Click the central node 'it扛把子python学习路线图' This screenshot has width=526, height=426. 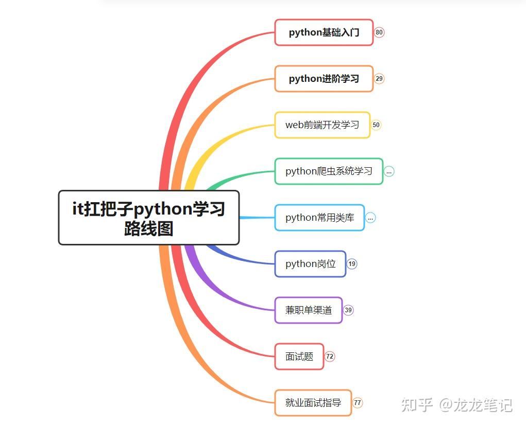click(x=149, y=218)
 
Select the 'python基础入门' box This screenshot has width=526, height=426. click(x=324, y=32)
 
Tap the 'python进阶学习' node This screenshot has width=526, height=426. click(x=324, y=79)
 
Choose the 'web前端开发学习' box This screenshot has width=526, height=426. click(x=322, y=125)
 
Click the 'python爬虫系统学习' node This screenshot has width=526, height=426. click(x=329, y=171)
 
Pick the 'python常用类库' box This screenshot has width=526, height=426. click(x=319, y=218)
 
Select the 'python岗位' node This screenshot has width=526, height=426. click(x=310, y=264)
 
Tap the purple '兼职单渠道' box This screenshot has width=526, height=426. click(x=308, y=310)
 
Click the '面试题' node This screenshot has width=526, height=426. click(x=299, y=357)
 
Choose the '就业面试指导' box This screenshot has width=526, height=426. click(x=313, y=403)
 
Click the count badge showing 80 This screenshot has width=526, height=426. click(x=379, y=32)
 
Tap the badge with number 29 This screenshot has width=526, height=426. click(x=379, y=79)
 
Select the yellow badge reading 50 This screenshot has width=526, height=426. click(x=376, y=125)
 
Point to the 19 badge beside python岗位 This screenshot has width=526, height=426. click(x=352, y=264)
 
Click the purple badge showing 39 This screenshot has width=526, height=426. click(x=348, y=310)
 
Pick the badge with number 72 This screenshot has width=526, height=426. click(x=330, y=357)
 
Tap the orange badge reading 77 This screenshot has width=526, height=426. click(x=358, y=403)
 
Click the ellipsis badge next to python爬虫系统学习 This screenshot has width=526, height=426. click(x=389, y=171)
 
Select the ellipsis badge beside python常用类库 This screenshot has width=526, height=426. click(x=370, y=218)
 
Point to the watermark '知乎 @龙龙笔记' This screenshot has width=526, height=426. click(x=457, y=405)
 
